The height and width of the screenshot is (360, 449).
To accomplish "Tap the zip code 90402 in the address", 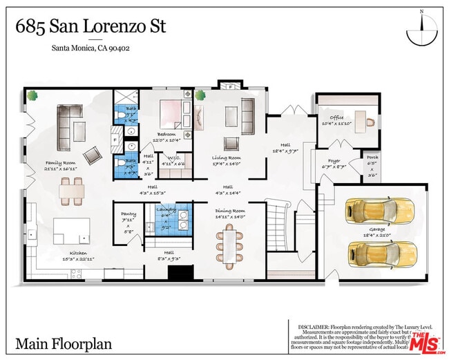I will (119, 48).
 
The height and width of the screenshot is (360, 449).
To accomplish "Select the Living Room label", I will (227, 158).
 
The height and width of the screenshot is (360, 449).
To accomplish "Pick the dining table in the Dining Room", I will (230, 246).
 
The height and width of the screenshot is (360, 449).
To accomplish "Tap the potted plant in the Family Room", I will (32, 96).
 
